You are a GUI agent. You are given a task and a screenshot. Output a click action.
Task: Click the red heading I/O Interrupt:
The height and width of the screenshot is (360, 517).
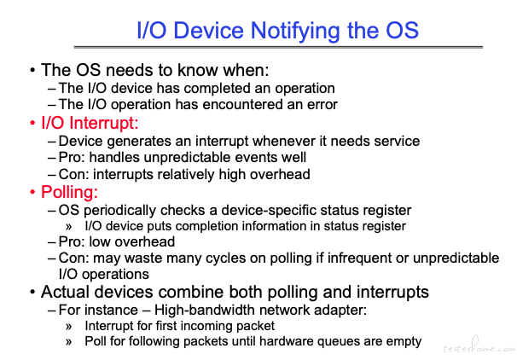[x=90, y=123]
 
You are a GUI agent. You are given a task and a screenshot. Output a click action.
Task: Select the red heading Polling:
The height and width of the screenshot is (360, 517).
[x=69, y=192]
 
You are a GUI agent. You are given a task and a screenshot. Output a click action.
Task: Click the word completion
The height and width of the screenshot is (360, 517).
[x=200, y=226]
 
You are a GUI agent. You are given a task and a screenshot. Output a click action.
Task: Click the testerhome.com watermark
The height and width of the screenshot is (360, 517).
[x=479, y=347]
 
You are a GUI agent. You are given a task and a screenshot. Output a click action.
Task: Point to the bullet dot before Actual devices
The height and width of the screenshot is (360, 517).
[x=32, y=293]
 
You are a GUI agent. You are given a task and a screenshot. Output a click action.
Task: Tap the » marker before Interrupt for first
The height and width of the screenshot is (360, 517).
[x=68, y=327]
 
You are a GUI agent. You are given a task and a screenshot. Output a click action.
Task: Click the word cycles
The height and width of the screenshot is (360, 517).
[x=226, y=258]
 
